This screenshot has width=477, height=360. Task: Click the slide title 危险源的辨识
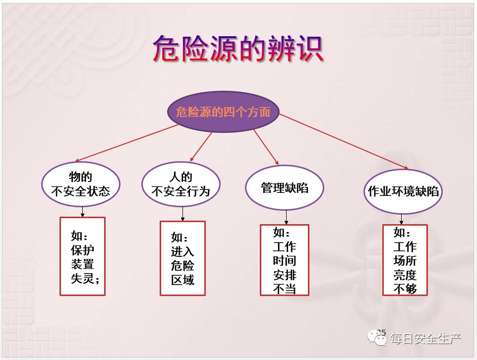coord(238,49)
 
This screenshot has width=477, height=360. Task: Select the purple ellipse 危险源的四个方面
coord(223,112)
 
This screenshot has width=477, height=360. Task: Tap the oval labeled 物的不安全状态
coord(81,184)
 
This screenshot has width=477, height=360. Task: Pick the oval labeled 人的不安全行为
coord(180,184)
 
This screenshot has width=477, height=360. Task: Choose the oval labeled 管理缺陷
coord(285,187)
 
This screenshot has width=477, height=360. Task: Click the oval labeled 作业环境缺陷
coord(403,191)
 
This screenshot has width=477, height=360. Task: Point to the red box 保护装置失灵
coord(82,256)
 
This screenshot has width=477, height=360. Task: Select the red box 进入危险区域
coord(182,258)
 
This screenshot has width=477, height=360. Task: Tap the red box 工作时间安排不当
coord(285,260)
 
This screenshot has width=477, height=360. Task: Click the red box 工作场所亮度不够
coord(405,260)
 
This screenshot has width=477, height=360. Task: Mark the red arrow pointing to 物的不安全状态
coord(126,143)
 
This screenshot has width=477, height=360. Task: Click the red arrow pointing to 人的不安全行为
coord(201,146)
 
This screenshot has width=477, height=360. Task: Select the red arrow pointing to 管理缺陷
coord(266,147)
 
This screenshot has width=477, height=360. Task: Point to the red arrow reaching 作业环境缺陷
coord(344,141)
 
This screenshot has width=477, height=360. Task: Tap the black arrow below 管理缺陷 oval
coord(286,217)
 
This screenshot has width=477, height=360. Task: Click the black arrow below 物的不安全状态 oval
coord(82,212)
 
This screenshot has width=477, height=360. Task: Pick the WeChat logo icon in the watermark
coord(377,338)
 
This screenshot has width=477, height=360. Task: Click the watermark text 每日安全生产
coord(426,338)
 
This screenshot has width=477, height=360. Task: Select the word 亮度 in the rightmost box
coord(405,275)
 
